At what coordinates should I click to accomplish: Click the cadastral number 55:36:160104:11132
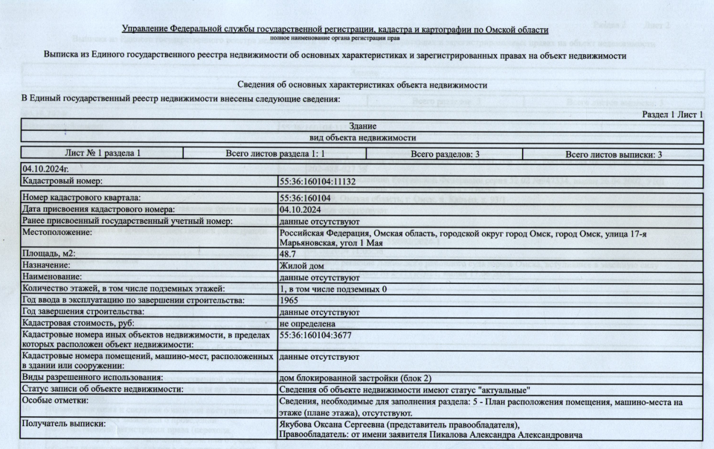(318, 181)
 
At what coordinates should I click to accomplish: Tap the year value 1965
(289, 300)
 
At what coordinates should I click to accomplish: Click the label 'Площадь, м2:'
(50, 253)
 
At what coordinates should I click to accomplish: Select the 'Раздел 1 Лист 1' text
(672, 114)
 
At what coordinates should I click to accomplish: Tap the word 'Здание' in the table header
(362, 126)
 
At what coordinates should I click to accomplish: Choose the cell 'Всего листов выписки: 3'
(614, 154)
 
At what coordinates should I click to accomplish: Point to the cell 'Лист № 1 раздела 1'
(103, 154)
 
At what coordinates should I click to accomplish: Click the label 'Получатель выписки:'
(64, 424)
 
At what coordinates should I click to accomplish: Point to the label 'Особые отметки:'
(56, 401)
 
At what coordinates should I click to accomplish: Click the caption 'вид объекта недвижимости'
(362, 138)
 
